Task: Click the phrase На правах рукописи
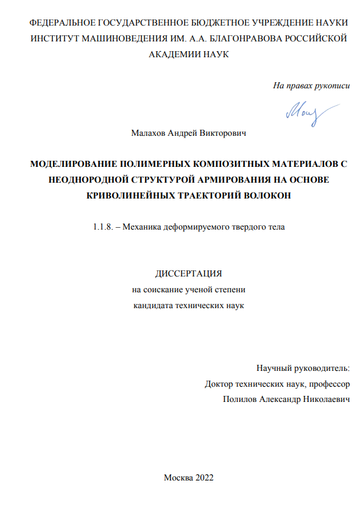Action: [x=311, y=85]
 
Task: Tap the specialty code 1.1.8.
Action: [x=102, y=228]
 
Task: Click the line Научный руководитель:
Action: [x=303, y=368]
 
